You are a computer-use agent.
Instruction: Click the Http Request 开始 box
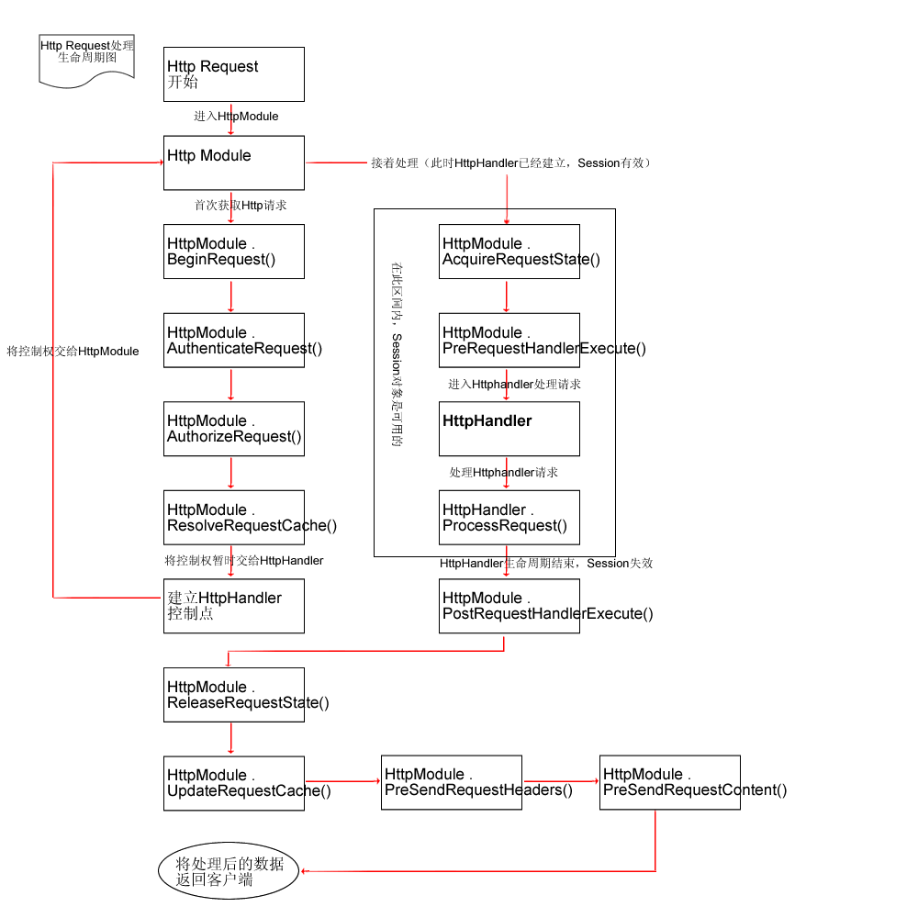[x=233, y=74]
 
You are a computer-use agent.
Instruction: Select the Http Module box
[x=233, y=163]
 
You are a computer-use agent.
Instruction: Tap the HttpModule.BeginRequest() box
[x=233, y=252]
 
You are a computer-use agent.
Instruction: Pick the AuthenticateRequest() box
[x=233, y=341]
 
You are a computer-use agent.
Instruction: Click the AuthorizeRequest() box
[x=233, y=429]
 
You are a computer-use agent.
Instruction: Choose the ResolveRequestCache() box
[x=233, y=518]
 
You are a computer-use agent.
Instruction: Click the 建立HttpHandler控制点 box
[x=233, y=606]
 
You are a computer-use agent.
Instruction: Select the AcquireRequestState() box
[x=509, y=252]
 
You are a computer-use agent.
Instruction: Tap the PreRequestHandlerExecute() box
[x=509, y=341]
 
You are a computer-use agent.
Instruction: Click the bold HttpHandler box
[x=509, y=429]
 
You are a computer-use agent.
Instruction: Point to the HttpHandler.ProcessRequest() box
[x=509, y=518]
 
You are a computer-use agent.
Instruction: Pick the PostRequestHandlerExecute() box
[x=509, y=606]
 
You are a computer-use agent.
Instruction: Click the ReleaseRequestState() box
[x=233, y=695]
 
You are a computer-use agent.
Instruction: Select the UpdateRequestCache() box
[x=233, y=783]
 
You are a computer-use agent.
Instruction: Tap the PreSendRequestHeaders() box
[x=452, y=782]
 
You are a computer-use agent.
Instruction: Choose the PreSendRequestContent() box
[x=669, y=782]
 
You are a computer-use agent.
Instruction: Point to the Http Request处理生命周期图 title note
[x=87, y=61]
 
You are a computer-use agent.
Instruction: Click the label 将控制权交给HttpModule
[x=73, y=352]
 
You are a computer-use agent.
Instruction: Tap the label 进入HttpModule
[x=236, y=117]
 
